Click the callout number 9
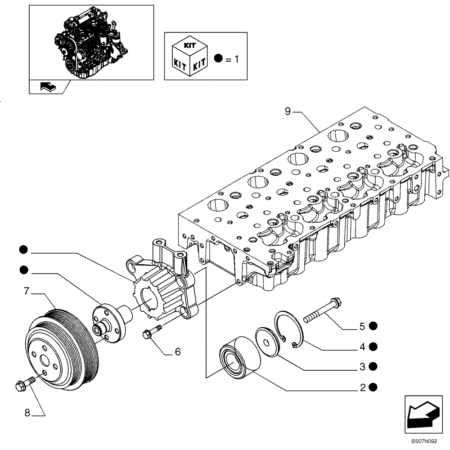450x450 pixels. (288, 111)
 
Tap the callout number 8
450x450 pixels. (27, 413)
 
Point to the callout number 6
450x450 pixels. (177, 351)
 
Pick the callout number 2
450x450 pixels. (362, 387)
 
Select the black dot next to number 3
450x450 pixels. (373, 367)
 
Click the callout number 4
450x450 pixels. (362, 346)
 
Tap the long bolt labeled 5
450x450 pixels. (322, 310)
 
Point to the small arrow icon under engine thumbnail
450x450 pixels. (48, 86)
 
